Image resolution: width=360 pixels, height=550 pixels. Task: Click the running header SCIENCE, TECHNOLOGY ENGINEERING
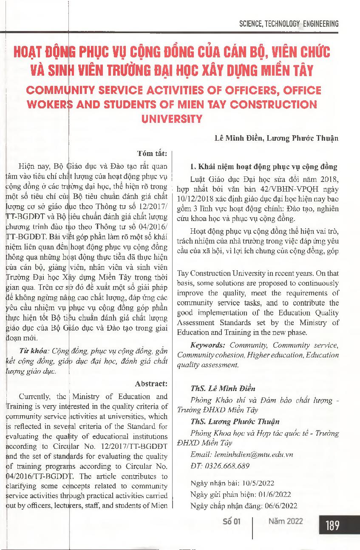coord(289,24)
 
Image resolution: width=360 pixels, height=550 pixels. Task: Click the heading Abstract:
coord(151,383)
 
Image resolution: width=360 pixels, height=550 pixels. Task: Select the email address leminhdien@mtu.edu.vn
coord(254,454)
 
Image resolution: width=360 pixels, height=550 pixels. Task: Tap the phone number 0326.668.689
coord(226,466)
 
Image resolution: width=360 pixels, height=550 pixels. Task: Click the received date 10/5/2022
coord(257,483)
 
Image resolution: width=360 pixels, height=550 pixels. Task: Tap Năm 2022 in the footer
coord(286,522)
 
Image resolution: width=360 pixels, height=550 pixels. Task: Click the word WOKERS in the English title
coord(50,105)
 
